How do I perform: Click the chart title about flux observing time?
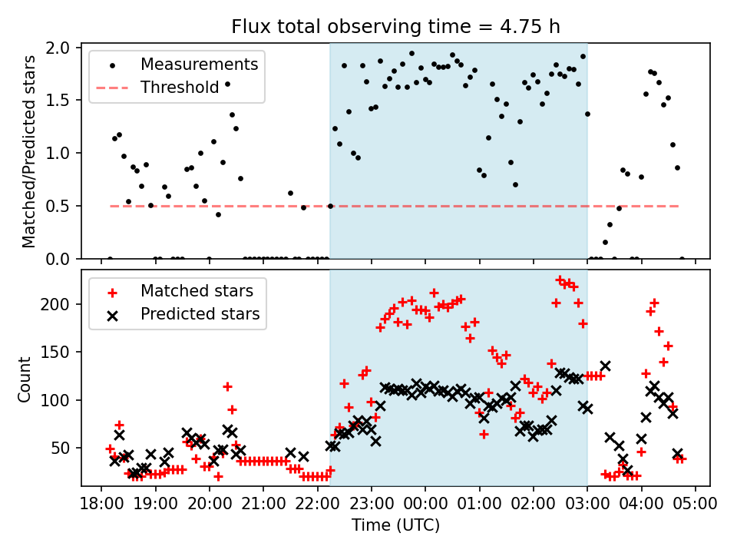point(395,27)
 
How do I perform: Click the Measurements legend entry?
point(199,65)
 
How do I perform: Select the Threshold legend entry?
point(180,88)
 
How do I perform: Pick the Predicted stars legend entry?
point(200,314)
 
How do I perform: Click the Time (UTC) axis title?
point(395,525)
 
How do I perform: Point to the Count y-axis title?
point(25,379)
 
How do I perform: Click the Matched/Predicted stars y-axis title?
point(29,151)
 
